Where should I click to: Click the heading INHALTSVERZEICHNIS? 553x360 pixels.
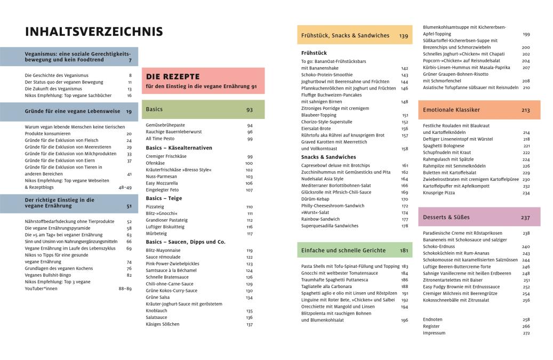pyautogui.click(x=94, y=32)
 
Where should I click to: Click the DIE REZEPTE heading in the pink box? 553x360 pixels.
pyautogui.click(x=173, y=76)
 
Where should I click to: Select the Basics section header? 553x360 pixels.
pyautogui.click(x=154, y=109)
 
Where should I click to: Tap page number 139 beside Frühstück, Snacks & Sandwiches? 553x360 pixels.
pyautogui.click(x=403, y=36)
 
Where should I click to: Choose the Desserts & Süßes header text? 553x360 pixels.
pyautogui.click(x=446, y=217)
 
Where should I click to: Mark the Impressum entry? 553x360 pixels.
pyautogui.click(x=434, y=333)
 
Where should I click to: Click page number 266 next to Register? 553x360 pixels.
pyautogui.click(x=526, y=326)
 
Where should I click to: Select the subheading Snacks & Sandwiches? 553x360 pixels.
pyautogui.click(x=328, y=157)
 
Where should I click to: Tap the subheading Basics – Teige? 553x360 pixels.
pyautogui.click(x=164, y=198)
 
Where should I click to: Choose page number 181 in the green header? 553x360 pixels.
pyautogui.click(x=404, y=250)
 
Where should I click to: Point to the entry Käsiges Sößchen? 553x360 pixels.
pyautogui.click(x=163, y=324)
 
